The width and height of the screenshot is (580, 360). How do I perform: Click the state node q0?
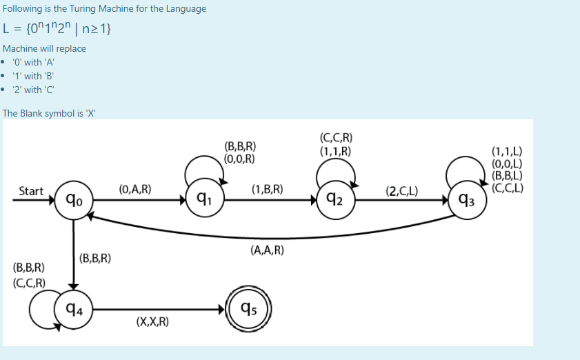(x=73, y=201)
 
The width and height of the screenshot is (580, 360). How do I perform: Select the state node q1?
(x=204, y=200)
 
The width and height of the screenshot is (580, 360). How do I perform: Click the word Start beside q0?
(x=31, y=191)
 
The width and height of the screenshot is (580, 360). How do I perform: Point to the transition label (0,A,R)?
(x=135, y=188)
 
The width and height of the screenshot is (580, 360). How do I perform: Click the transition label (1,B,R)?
(x=268, y=188)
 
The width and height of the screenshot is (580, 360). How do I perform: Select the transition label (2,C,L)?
(x=401, y=190)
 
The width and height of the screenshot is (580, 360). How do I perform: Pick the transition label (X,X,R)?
(x=153, y=322)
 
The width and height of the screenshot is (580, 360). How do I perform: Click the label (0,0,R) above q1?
(x=240, y=158)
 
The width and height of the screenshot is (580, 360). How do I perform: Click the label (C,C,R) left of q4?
(x=30, y=283)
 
